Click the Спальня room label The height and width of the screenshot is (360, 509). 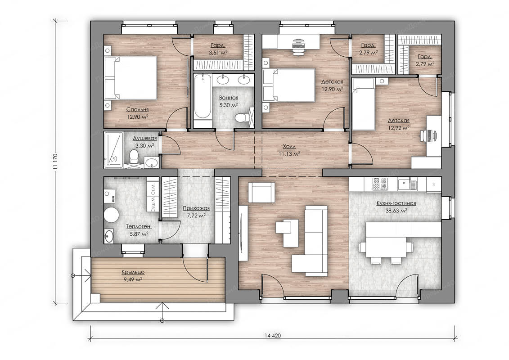pyautogui.click(x=137, y=110)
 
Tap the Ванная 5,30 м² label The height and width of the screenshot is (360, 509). pyautogui.click(x=229, y=101)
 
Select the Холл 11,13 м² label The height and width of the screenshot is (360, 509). pyautogui.click(x=289, y=150)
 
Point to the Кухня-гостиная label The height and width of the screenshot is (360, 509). pyautogui.click(x=396, y=203)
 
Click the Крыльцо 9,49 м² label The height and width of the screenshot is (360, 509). pyautogui.click(x=133, y=275)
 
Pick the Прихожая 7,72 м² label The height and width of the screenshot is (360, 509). pyautogui.click(x=196, y=211)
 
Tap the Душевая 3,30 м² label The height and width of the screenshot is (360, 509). pyautogui.click(x=144, y=142)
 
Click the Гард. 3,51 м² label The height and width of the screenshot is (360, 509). pyautogui.click(x=218, y=49)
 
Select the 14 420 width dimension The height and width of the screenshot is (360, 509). pyautogui.click(x=273, y=336)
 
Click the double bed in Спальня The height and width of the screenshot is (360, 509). pyautogui.click(x=131, y=78)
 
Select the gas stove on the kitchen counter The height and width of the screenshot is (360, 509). pyautogui.click(x=380, y=184)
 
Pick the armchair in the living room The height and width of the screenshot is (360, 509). pyautogui.click(x=261, y=192)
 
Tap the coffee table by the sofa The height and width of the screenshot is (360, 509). pyautogui.click(x=287, y=232)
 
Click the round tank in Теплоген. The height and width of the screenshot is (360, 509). pyautogui.click(x=111, y=215)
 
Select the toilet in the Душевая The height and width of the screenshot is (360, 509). pyautogui.click(x=133, y=157)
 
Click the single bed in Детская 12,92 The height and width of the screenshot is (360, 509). pyautogui.click(x=364, y=104)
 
